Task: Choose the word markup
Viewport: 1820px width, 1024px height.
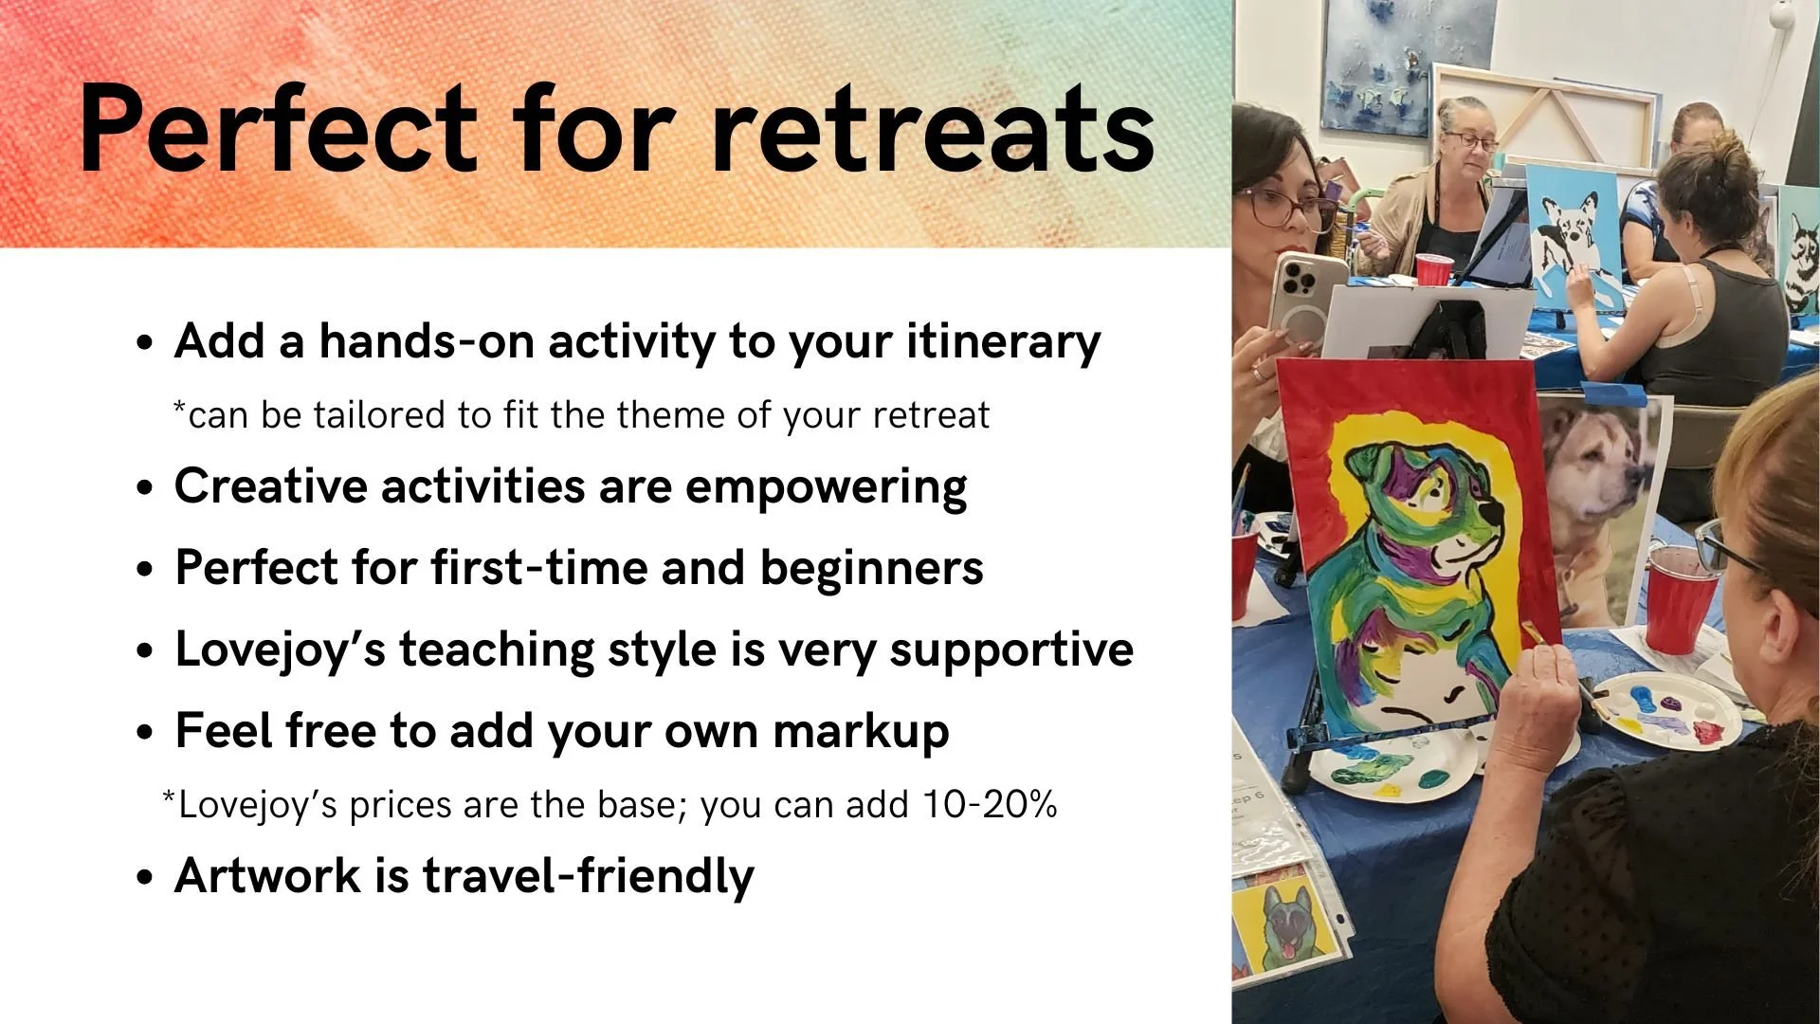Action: (860, 733)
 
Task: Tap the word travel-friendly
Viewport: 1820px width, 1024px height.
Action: (588, 876)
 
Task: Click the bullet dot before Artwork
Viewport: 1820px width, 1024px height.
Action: (144, 878)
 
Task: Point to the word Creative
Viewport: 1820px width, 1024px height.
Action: (271, 486)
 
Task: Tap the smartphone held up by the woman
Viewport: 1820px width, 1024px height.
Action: (1308, 299)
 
